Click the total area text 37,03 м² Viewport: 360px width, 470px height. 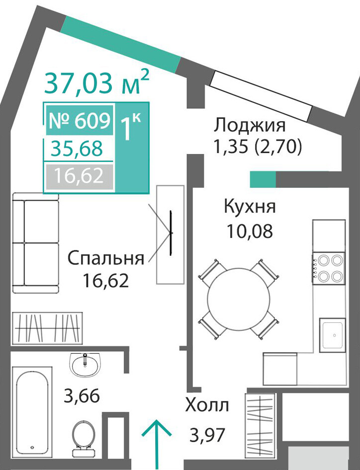click(96, 81)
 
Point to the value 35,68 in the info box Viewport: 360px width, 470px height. click(77, 149)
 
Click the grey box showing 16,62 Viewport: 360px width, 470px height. click(79, 176)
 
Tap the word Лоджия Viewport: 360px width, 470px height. click(250, 125)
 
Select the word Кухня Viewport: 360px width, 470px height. click(250, 206)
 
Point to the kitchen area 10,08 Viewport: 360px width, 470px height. click(250, 231)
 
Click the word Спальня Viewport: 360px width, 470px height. click(106, 258)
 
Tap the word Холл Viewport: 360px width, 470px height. click(207, 405)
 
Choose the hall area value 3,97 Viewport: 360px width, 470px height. click(207, 435)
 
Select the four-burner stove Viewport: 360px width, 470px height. click(328, 268)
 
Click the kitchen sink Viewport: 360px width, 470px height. click(332, 335)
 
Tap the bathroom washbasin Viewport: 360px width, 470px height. click(86, 364)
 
